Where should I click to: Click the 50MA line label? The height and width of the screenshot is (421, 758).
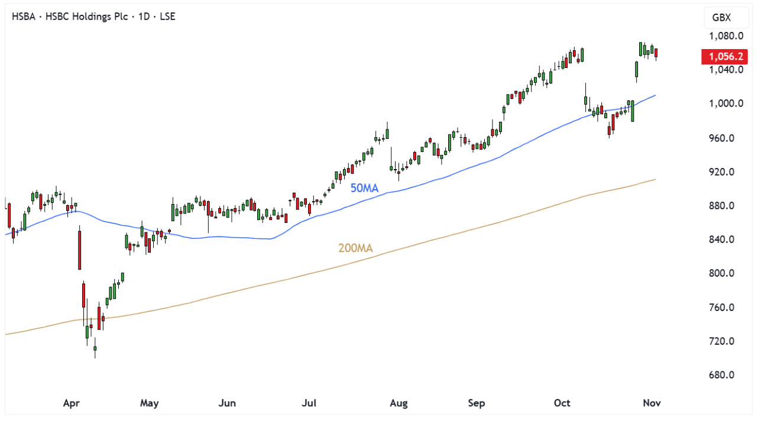tap(364, 188)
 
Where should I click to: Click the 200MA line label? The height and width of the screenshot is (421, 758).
tap(355, 248)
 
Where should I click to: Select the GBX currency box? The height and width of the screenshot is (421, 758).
tap(722, 18)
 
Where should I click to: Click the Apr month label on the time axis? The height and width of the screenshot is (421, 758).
tap(71, 403)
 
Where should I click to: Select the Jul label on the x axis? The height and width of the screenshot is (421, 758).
tap(309, 403)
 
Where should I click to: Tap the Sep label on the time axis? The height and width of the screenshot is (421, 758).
tap(476, 403)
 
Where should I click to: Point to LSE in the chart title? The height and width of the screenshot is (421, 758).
tap(167, 17)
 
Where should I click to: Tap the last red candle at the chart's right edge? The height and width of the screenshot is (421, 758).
tap(656, 54)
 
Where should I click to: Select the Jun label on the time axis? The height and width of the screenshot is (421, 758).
tap(227, 403)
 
